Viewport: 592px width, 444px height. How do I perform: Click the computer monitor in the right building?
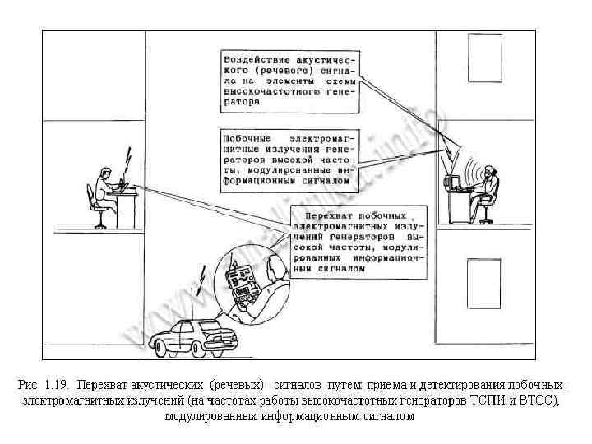point(451,182)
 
